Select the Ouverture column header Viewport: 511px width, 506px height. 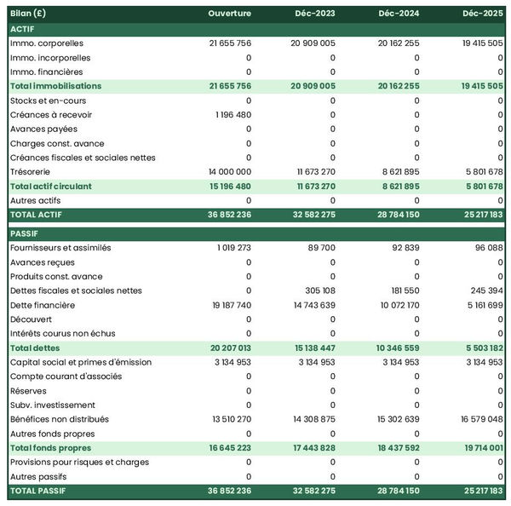point(229,13)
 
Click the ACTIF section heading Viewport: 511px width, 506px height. point(22,28)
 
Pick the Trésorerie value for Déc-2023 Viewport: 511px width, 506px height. point(313,171)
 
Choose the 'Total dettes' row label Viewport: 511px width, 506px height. point(34,348)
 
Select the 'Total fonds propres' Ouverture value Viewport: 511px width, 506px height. point(229,448)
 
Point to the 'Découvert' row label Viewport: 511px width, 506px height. point(30,319)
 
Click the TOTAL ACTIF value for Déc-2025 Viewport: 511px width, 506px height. point(481,215)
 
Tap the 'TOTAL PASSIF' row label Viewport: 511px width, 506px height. point(38,491)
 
